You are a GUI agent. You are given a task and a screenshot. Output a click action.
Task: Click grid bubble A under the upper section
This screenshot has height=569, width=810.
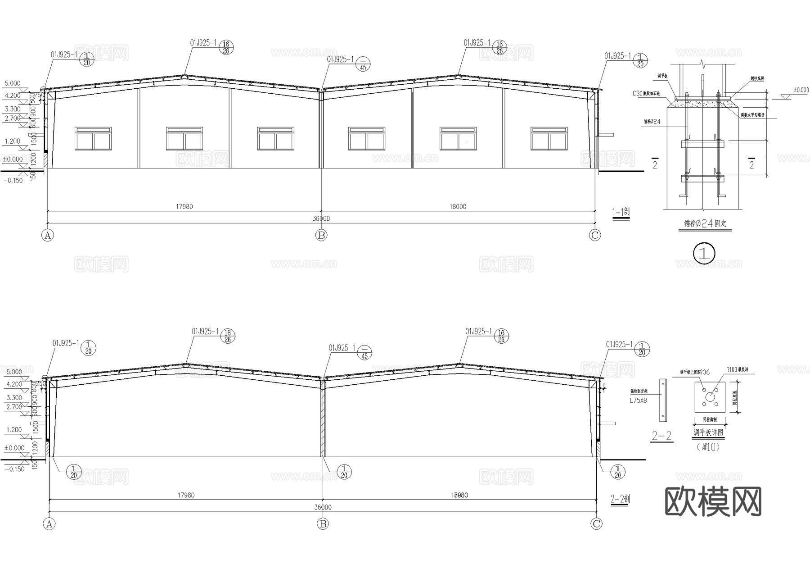tap(48, 235)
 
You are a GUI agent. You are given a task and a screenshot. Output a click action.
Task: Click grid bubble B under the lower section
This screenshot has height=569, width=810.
tap(323, 524)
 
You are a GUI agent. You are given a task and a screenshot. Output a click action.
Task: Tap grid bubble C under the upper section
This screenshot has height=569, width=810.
tap(595, 235)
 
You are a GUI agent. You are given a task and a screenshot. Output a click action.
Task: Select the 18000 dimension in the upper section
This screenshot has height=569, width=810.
tap(458, 207)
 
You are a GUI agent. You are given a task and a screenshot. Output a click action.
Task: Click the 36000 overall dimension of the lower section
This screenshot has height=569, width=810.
tap(323, 507)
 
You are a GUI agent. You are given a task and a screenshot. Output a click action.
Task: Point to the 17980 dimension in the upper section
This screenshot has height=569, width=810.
tap(184, 207)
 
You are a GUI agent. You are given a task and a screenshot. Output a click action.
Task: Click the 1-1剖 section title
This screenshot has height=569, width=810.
tap(621, 212)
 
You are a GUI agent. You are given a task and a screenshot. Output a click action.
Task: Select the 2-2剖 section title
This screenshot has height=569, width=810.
tap(620, 499)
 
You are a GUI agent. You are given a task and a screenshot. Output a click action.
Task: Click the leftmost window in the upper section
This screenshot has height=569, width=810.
tap(93, 138)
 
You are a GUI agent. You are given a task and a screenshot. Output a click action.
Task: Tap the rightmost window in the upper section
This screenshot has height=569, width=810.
tap(549, 138)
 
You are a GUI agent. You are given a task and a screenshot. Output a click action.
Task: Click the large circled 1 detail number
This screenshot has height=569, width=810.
tap(704, 253)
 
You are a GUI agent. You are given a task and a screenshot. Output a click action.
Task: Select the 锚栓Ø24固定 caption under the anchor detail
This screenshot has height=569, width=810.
tap(705, 223)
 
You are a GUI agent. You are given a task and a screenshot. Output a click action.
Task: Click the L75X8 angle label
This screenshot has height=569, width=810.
tap(638, 400)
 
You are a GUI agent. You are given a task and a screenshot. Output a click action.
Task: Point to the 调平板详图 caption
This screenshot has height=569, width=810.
tap(708, 433)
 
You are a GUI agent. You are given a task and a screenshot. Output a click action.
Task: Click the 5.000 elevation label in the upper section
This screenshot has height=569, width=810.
tap(12, 83)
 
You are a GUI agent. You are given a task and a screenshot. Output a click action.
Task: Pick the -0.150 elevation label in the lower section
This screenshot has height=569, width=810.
tap(13, 469)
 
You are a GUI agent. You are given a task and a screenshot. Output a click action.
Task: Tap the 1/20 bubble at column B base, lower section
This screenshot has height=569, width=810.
tap(344, 472)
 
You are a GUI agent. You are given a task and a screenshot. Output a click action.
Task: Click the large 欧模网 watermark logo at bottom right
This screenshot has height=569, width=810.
tap(713, 501)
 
